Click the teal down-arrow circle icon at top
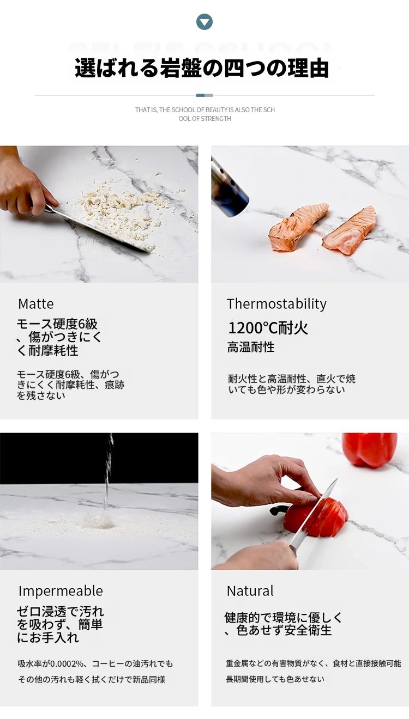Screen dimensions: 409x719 [204, 22]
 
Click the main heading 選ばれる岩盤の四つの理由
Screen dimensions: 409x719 [202, 68]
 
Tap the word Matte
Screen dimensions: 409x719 [36, 303]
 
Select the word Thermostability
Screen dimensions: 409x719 [276, 304]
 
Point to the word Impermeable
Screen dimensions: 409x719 [61, 591]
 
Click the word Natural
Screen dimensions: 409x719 [250, 591]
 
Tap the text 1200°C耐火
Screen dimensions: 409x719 [268, 328]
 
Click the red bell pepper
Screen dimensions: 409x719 [370, 449]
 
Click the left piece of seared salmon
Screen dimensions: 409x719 [298, 226]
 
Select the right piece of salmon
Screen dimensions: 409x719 [350, 231]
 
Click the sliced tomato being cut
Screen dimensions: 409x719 [316, 517]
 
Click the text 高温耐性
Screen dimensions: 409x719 [251, 347]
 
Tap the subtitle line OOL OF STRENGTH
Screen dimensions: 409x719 [204, 118]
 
